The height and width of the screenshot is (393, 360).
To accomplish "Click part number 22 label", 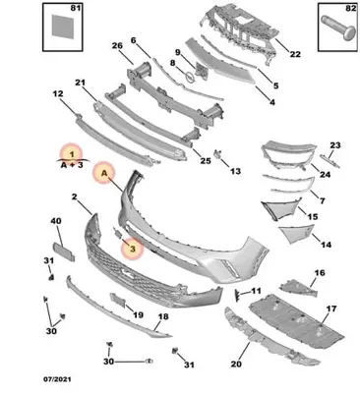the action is click(295, 54).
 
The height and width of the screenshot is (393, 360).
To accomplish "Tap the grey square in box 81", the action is click(63, 27).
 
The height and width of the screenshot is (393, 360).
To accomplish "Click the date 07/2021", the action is click(57, 379).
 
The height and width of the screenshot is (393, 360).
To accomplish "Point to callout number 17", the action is click(331, 309).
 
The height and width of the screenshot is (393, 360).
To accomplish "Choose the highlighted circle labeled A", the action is click(104, 173).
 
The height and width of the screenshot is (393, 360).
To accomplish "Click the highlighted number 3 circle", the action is click(133, 249).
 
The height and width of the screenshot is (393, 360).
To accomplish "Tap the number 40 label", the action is click(56, 221).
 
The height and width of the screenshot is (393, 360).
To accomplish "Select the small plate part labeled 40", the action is click(64, 252).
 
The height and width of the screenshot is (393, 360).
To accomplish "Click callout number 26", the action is click(117, 45).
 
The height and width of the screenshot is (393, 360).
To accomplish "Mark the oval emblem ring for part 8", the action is click(190, 78).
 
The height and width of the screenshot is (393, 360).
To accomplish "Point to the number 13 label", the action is click(235, 171).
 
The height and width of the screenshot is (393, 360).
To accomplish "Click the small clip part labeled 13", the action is click(217, 153).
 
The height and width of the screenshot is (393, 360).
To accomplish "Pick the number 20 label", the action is click(236, 364).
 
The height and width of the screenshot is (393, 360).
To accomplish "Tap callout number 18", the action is click(163, 316).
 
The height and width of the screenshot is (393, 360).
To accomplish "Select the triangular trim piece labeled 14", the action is click(296, 234).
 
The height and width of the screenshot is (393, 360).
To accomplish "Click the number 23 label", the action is click(335, 144).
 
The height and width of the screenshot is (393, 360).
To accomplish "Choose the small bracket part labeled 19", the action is click(117, 300).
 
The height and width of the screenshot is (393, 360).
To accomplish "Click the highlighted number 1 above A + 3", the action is click(72, 154).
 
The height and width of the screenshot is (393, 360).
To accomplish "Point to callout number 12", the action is click(58, 94).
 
